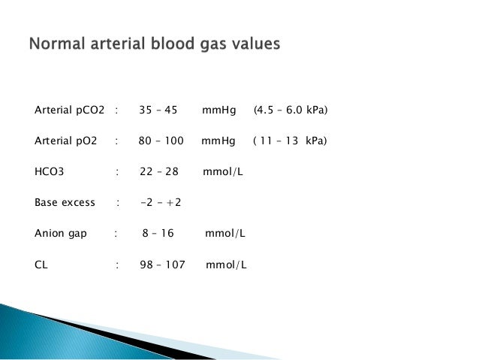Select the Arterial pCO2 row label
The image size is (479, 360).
[70, 110]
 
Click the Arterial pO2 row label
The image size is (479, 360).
[67, 141]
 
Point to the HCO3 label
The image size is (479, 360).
[50, 172]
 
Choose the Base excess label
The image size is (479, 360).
[65, 203]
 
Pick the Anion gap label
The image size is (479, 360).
[61, 234]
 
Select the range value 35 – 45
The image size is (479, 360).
[158, 110]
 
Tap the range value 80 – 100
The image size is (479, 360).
[160, 141]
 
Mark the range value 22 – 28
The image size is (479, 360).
[158, 172]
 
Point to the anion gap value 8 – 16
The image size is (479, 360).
[158, 234]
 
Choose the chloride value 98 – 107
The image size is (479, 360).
[162, 265]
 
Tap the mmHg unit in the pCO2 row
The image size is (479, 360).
[218, 110]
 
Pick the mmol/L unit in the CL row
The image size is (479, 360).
[226, 265]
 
